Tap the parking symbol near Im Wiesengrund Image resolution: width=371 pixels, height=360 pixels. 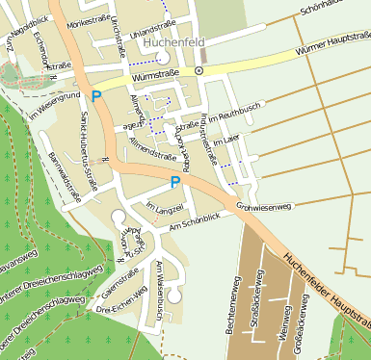coord(94,95)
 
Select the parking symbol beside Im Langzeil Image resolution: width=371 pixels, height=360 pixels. coord(174,182)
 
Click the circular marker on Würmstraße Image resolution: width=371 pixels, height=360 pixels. coord(199,71)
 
